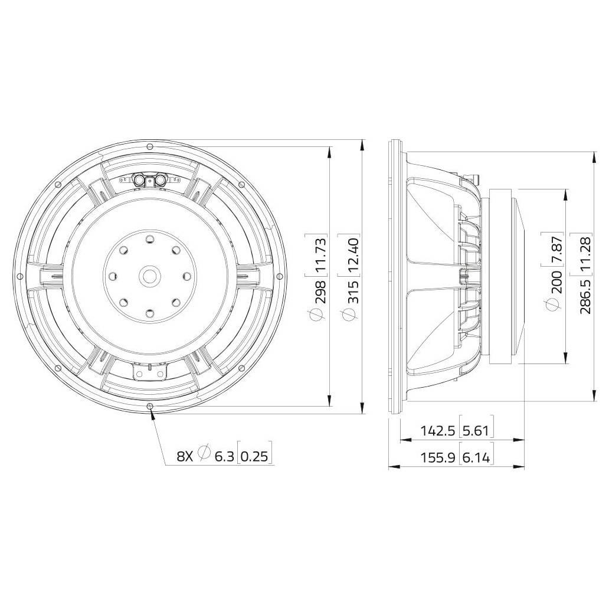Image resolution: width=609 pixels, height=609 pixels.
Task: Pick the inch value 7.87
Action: click(x=556, y=251)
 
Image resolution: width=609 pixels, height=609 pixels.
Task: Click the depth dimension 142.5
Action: click(x=437, y=430)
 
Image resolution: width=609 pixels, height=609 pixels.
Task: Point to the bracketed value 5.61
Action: click(x=477, y=430)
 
